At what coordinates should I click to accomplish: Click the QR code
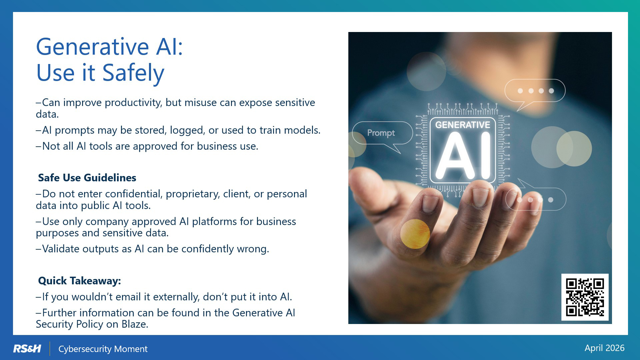pos(585,297)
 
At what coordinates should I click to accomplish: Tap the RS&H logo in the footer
pos(27,349)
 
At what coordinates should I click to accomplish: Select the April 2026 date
pos(604,348)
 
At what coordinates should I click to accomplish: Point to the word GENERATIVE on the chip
pos(463,125)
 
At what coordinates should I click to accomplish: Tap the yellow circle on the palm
pos(415,234)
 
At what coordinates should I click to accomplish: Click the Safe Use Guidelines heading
pos(87,178)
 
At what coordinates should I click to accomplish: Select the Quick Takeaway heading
pos(79,281)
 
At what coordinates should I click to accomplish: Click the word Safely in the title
pos(133,73)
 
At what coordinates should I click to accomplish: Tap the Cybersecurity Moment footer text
pos(103,349)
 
